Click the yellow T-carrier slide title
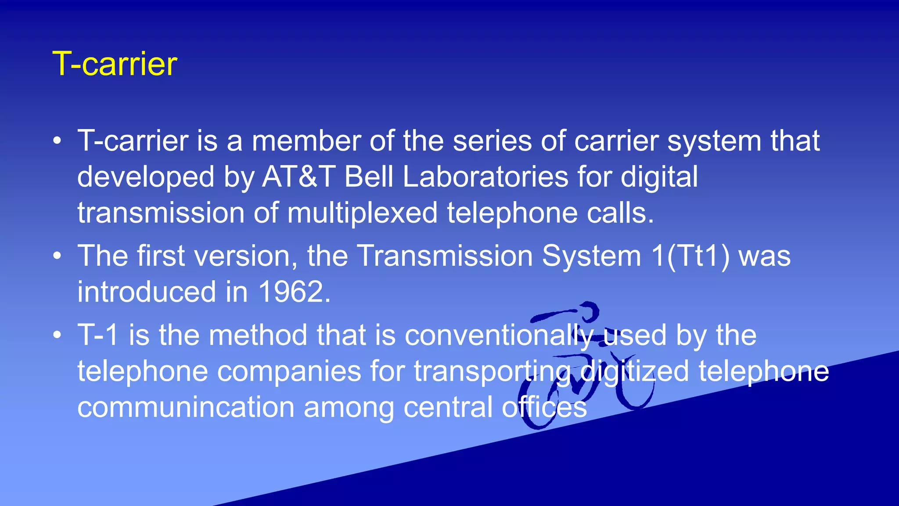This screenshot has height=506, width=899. [115, 64]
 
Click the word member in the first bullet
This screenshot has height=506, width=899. [306, 141]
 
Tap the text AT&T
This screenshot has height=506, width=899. [299, 177]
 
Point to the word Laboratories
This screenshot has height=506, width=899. [485, 177]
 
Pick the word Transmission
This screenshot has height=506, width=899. [445, 256]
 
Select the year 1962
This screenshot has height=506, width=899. [294, 292]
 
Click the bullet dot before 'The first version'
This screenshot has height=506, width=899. [57, 256]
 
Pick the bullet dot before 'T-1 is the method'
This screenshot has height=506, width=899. [57, 336]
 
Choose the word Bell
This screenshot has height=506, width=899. [369, 177]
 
